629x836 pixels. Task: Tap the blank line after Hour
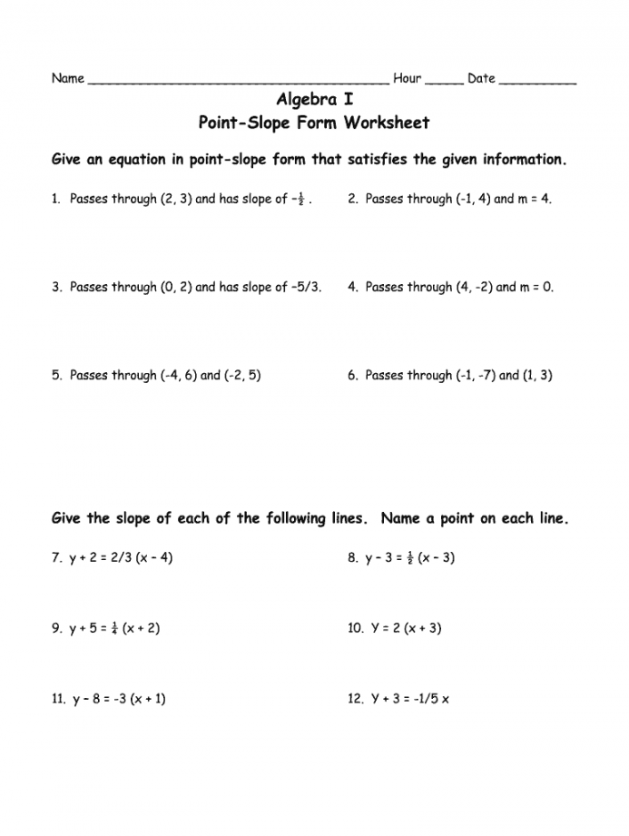coord(444,81)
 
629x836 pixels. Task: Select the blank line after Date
coord(537,81)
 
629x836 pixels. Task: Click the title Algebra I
coord(314,100)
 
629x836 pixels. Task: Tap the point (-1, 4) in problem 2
coord(472,199)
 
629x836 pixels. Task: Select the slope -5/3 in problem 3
coord(306,287)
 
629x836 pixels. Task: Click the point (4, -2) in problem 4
coord(473,287)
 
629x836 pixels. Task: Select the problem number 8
coord(351,557)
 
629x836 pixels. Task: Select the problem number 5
coord(56,375)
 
